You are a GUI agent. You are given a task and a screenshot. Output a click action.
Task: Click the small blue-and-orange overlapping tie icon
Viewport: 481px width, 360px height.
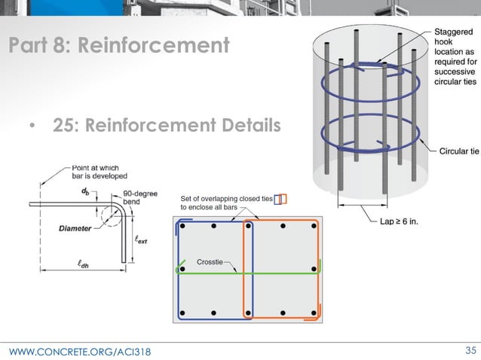[x=280, y=199]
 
